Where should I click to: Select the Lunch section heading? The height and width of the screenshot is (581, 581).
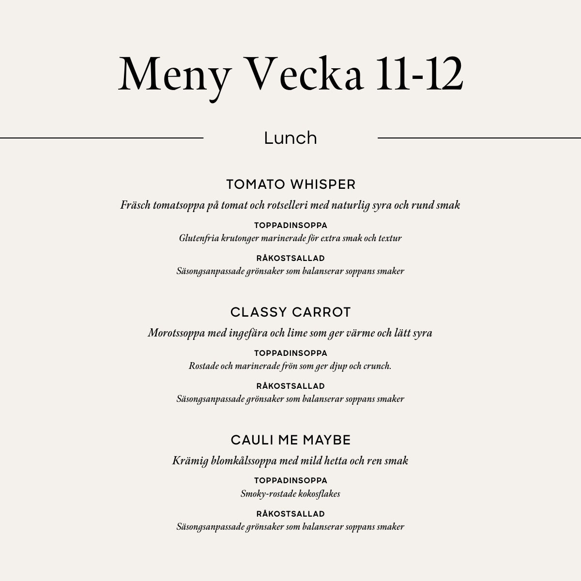(x=290, y=138)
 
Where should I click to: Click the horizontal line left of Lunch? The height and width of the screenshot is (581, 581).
(x=102, y=138)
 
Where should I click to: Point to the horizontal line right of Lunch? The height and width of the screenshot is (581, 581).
(x=479, y=138)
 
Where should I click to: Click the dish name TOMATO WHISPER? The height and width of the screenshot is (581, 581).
(x=290, y=184)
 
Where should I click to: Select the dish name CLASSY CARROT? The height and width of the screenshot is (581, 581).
(x=290, y=312)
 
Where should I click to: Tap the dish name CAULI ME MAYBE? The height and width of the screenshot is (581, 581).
(x=290, y=440)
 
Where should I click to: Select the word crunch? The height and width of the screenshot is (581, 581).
(x=377, y=366)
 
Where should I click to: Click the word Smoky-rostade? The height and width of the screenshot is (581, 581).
(x=265, y=494)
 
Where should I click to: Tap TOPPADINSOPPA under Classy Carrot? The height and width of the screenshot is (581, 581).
(x=290, y=353)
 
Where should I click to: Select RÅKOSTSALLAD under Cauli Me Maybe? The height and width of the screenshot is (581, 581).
(x=290, y=514)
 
